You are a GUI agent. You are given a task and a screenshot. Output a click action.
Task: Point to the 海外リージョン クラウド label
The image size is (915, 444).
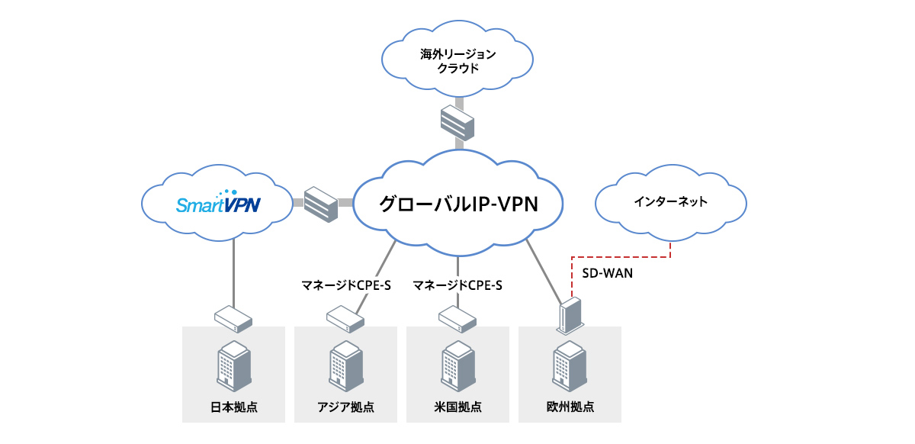click(458, 61)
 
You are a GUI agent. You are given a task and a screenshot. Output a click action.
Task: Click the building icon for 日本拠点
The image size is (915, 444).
click(233, 365)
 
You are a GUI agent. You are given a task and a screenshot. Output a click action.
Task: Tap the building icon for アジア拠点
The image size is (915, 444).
click(345, 365)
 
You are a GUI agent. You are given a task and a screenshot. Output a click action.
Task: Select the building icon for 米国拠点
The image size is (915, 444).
click(457, 365)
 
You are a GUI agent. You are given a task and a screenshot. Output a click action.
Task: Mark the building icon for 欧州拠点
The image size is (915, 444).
click(570, 365)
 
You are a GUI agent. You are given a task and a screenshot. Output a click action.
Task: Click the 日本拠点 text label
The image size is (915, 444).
click(233, 407)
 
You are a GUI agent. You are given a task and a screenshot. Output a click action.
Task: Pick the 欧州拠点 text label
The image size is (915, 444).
click(570, 407)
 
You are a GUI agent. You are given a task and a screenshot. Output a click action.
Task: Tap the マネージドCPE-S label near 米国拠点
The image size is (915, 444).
click(457, 286)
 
